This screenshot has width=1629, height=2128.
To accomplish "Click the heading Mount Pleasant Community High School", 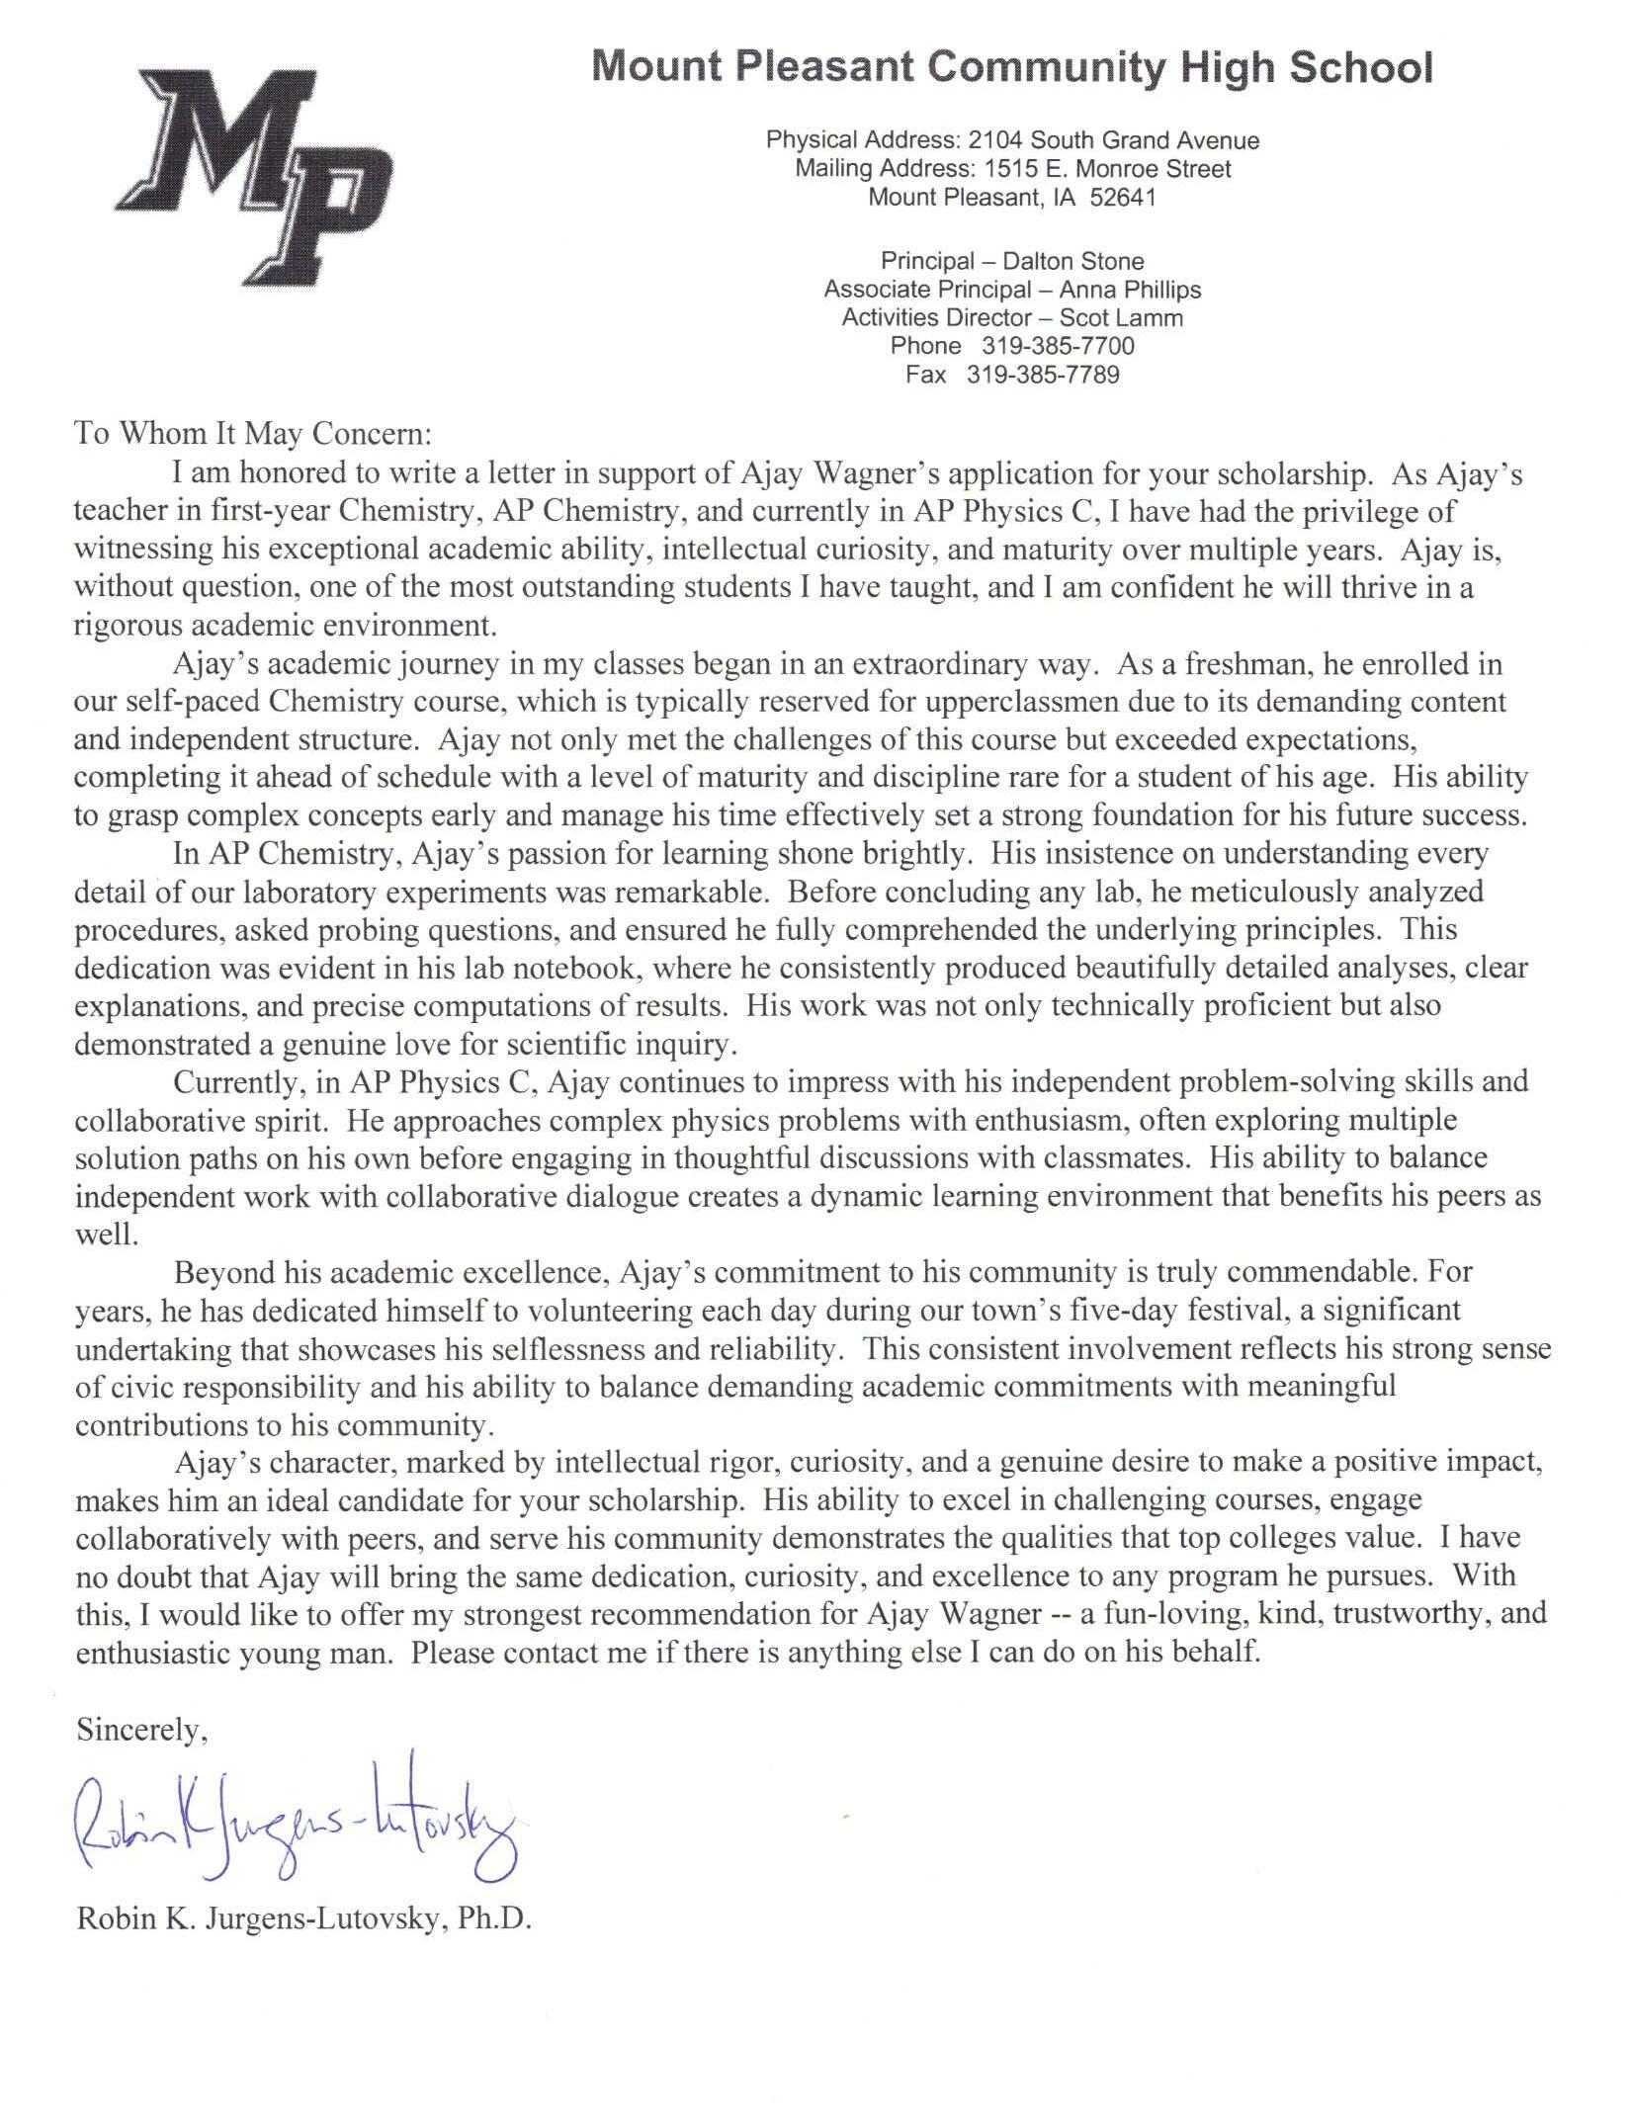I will [1011, 67].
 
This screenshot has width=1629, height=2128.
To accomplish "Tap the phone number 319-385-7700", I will [1058, 346].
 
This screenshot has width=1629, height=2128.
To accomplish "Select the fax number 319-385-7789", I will [1043, 375].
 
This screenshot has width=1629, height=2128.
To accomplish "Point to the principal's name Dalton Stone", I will [1073, 261].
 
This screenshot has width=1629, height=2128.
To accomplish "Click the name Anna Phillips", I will [1130, 290].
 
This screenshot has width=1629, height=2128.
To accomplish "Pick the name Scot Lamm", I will [1121, 317].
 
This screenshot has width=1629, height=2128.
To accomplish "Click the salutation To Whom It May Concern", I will [253, 434].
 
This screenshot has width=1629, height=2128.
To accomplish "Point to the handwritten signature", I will [297, 1828].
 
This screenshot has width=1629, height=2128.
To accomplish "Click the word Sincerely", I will [141, 1730].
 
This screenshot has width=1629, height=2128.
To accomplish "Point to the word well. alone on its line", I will [104, 1234].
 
